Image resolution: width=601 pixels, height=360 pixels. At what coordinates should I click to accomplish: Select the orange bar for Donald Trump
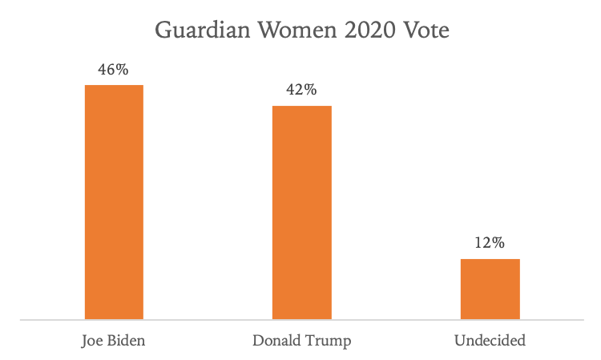(x=301, y=212)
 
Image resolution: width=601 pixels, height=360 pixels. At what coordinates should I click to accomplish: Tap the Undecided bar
(x=490, y=289)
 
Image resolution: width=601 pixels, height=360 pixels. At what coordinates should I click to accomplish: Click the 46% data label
(x=113, y=70)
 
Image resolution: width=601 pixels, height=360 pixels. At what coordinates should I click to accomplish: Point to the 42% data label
(x=301, y=91)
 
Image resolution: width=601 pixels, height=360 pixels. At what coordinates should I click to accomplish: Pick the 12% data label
(x=490, y=244)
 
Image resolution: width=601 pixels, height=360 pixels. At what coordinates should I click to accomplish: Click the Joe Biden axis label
(x=114, y=341)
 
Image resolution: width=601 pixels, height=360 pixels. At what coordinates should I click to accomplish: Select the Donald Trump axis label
(x=301, y=341)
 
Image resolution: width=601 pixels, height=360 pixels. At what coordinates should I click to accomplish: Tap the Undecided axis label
(x=490, y=341)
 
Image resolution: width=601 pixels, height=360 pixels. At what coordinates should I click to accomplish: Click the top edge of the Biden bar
(x=114, y=85)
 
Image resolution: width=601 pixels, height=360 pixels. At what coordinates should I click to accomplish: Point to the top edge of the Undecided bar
(x=490, y=259)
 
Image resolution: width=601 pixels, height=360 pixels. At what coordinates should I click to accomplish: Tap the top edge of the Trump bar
(x=301, y=106)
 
